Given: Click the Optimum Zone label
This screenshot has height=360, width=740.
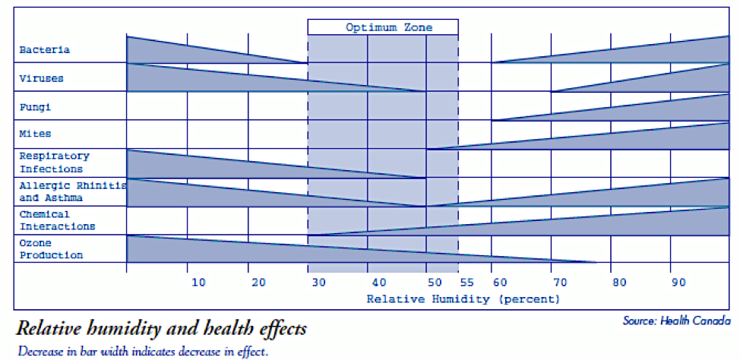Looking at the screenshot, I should tap(389, 27).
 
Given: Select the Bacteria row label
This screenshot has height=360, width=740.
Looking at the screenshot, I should tap(45, 50).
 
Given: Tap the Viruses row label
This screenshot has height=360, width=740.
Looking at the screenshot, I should tap(42, 78).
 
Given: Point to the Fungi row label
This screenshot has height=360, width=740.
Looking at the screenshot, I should tap(36, 107).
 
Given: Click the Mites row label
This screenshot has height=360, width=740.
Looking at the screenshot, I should tap(36, 134).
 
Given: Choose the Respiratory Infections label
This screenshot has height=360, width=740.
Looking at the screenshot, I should tap(55, 163).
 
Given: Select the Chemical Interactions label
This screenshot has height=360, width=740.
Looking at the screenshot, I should tap(58, 220).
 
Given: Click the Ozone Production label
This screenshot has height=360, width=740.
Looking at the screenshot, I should tap(51, 249).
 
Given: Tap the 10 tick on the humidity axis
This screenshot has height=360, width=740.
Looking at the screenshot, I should tap(198, 283).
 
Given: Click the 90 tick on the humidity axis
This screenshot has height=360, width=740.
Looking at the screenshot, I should tap(678, 283).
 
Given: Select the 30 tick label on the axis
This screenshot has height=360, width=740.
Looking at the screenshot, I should tap(318, 283).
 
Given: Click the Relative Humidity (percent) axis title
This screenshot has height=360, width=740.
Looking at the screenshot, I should tap(463, 299).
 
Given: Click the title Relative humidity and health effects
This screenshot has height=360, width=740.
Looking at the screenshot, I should tap(161, 329).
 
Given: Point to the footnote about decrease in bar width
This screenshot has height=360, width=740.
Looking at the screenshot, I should tap(143, 352).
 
